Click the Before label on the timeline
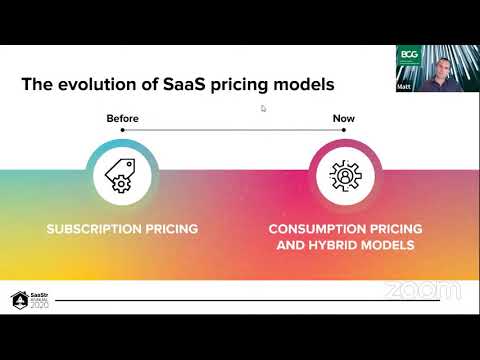[122, 119]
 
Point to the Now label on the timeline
[343, 119]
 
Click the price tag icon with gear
[122, 176]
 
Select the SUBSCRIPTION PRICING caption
[122, 229]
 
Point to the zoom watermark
[422, 290]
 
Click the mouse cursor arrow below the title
[263, 108]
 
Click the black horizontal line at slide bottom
[220, 300]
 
